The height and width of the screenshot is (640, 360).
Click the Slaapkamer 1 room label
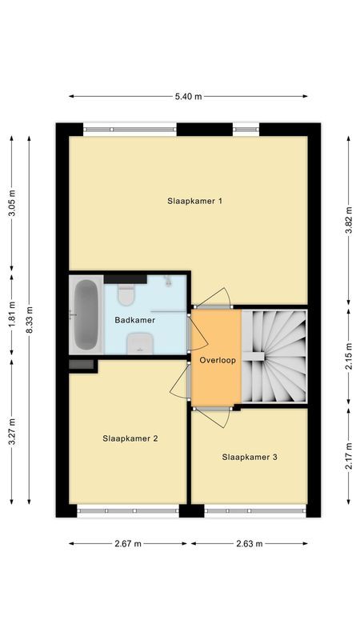pyautogui.click(x=194, y=201)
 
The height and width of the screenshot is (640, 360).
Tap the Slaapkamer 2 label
pyautogui.click(x=130, y=438)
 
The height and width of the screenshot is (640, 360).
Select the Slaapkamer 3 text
pyautogui.click(x=250, y=458)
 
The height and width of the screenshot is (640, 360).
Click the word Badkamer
pyautogui.click(x=135, y=320)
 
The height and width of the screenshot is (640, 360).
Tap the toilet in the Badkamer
pyautogui.click(x=125, y=295)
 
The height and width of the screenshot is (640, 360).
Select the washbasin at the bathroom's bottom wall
pyautogui.click(x=141, y=343)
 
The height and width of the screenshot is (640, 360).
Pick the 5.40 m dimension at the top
pyautogui.click(x=189, y=97)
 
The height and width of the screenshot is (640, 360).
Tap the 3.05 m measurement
pyautogui.click(x=11, y=203)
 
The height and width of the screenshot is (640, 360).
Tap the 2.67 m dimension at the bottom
pyautogui.click(x=128, y=543)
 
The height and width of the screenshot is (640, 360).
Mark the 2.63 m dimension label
pyautogui.click(x=249, y=543)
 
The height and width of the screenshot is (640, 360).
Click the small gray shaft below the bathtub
pyautogui.click(x=82, y=365)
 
